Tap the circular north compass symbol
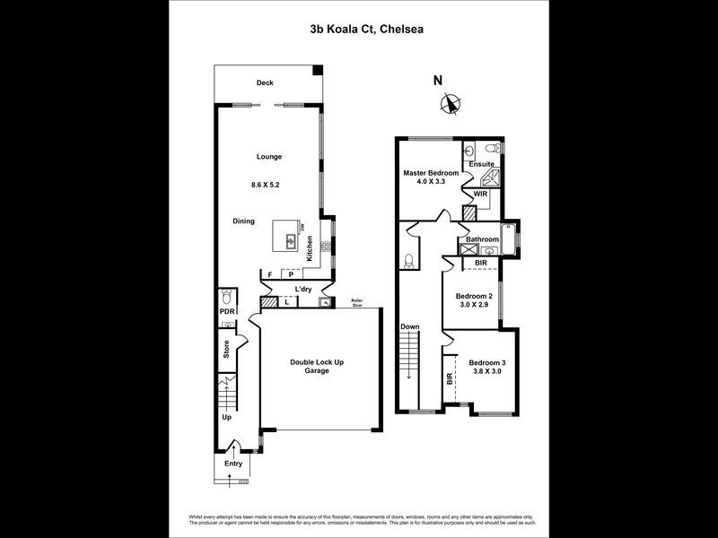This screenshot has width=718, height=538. point(449,104)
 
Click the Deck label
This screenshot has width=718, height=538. point(264,83)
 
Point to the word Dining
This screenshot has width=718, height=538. point(244,221)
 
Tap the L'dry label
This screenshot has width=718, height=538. point(303,289)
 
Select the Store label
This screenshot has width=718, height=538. point(226,348)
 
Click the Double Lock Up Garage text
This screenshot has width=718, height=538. point(317,366)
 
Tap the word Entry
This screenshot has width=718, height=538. point(233,464)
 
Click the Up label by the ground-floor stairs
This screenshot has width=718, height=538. point(226,418)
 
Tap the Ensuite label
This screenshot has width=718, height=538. point(480,165)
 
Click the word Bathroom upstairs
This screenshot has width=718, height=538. point(482,239)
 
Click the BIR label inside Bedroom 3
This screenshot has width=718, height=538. point(449,379)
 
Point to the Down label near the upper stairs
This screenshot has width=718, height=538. point(410,326)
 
